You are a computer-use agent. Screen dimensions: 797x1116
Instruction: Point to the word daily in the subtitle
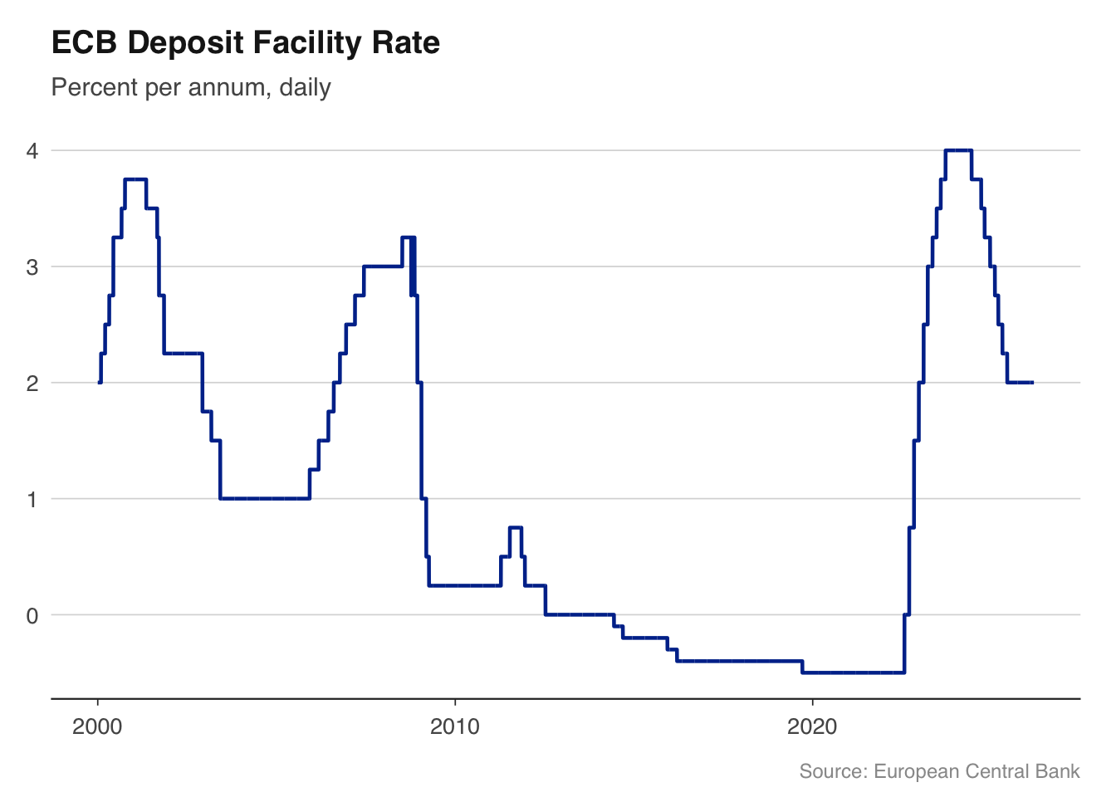(306, 87)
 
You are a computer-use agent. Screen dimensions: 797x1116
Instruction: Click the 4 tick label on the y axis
(32, 151)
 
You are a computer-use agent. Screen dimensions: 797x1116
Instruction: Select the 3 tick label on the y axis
(32, 267)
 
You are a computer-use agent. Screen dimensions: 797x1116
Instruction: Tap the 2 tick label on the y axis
(32, 384)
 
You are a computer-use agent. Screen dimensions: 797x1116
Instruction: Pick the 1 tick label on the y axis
(32, 500)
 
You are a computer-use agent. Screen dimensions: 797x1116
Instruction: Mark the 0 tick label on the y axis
(32, 616)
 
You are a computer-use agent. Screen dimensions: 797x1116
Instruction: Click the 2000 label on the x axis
(97, 727)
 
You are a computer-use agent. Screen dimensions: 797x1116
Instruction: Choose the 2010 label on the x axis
(454, 727)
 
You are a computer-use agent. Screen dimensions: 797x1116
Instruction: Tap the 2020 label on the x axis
(811, 727)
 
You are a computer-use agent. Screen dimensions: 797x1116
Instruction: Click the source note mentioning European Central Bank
(939, 771)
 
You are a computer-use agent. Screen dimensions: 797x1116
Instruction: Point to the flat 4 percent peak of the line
(958, 150)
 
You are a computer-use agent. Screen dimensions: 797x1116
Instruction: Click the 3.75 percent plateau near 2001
(135, 179)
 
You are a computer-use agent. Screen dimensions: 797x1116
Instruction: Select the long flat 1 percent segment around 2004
(264, 498)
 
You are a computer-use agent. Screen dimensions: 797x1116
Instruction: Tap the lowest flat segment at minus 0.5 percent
(853, 672)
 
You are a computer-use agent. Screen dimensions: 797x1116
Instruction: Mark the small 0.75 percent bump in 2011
(515, 527)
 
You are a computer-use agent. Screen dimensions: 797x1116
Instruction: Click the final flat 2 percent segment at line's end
(1020, 383)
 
